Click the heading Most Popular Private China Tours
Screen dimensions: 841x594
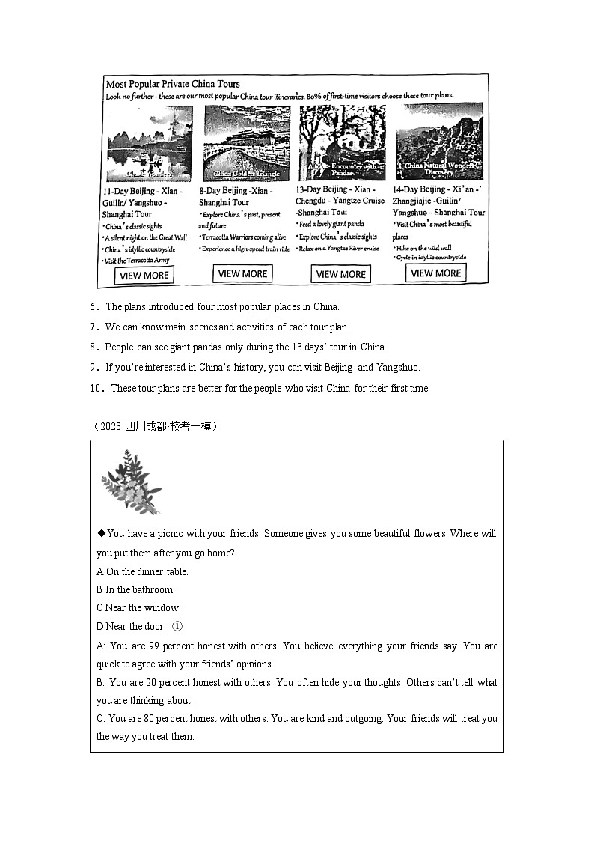pos(173,84)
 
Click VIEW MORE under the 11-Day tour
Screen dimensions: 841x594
pos(144,275)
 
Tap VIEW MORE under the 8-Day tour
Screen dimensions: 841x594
pos(242,274)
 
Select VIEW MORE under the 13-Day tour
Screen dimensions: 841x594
pos(340,274)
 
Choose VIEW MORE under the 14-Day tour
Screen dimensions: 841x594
pos(436,273)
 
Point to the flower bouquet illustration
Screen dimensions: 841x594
pos(131,482)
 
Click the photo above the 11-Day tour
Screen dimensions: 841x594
pos(149,145)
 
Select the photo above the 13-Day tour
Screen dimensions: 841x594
pos(342,142)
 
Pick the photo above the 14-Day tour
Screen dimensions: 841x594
pos(439,142)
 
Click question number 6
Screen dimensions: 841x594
pos(94,306)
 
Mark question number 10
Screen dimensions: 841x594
pos(96,388)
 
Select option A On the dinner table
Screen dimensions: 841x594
pos(142,571)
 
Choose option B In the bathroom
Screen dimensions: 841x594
pos(135,589)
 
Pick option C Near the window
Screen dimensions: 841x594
pos(138,607)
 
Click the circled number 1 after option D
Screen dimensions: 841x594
pos(177,626)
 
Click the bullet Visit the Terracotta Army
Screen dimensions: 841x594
pos(137,261)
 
